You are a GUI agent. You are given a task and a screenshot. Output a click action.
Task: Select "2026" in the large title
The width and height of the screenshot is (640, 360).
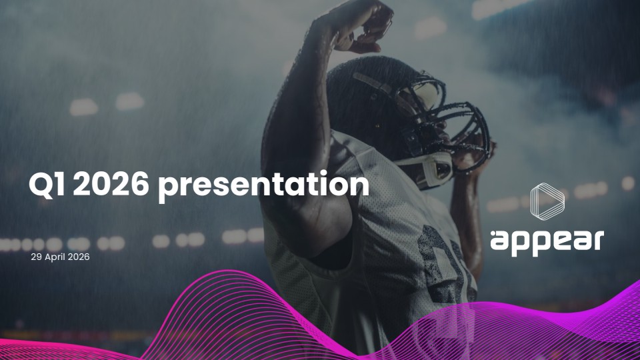pyautogui.click(x=110, y=185)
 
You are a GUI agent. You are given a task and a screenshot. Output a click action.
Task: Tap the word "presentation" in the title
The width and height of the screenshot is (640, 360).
pyautogui.click(x=263, y=186)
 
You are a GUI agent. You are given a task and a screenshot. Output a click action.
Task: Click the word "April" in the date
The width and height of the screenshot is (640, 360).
pyautogui.click(x=56, y=257)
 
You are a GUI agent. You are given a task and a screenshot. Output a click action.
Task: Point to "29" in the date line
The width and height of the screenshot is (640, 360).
pyautogui.click(x=37, y=257)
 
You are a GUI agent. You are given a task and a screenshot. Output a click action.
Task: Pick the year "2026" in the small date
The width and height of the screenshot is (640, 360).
pyautogui.click(x=79, y=257)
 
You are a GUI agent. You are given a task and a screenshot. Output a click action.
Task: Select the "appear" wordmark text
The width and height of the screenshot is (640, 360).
pyautogui.click(x=547, y=241)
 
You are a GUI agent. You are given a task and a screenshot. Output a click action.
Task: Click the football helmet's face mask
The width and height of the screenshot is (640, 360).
pyautogui.click(x=460, y=127)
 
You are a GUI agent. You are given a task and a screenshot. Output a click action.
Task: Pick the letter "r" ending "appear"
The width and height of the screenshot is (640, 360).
pyautogui.click(x=597, y=240)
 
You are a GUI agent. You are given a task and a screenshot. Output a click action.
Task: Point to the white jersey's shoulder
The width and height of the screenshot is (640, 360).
pyautogui.click(x=353, y=160)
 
